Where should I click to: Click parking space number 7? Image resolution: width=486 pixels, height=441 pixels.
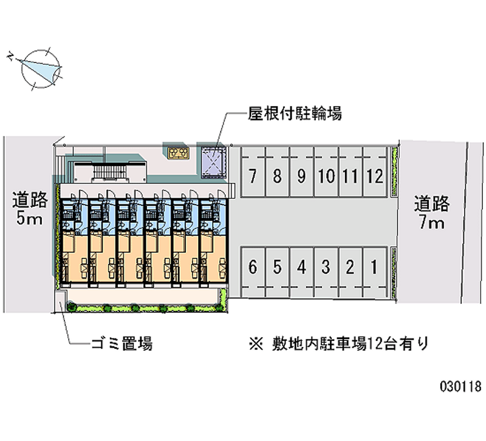[252, 177]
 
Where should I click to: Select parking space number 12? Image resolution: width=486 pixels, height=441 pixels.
[375, 177]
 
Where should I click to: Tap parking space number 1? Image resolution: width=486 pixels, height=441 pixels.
[375, 266]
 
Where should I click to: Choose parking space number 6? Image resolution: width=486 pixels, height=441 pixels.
[252, 266]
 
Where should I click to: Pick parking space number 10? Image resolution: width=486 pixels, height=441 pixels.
[326, 177]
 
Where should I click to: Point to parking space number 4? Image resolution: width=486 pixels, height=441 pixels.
[301, 266]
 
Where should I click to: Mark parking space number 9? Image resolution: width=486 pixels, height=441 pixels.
[301, 177]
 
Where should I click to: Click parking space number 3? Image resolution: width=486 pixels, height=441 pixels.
[326, 266]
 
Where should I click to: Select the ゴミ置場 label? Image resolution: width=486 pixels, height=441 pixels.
[121, 345]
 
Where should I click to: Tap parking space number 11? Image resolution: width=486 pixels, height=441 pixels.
[350, 177]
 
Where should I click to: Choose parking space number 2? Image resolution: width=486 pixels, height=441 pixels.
[351, 266]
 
